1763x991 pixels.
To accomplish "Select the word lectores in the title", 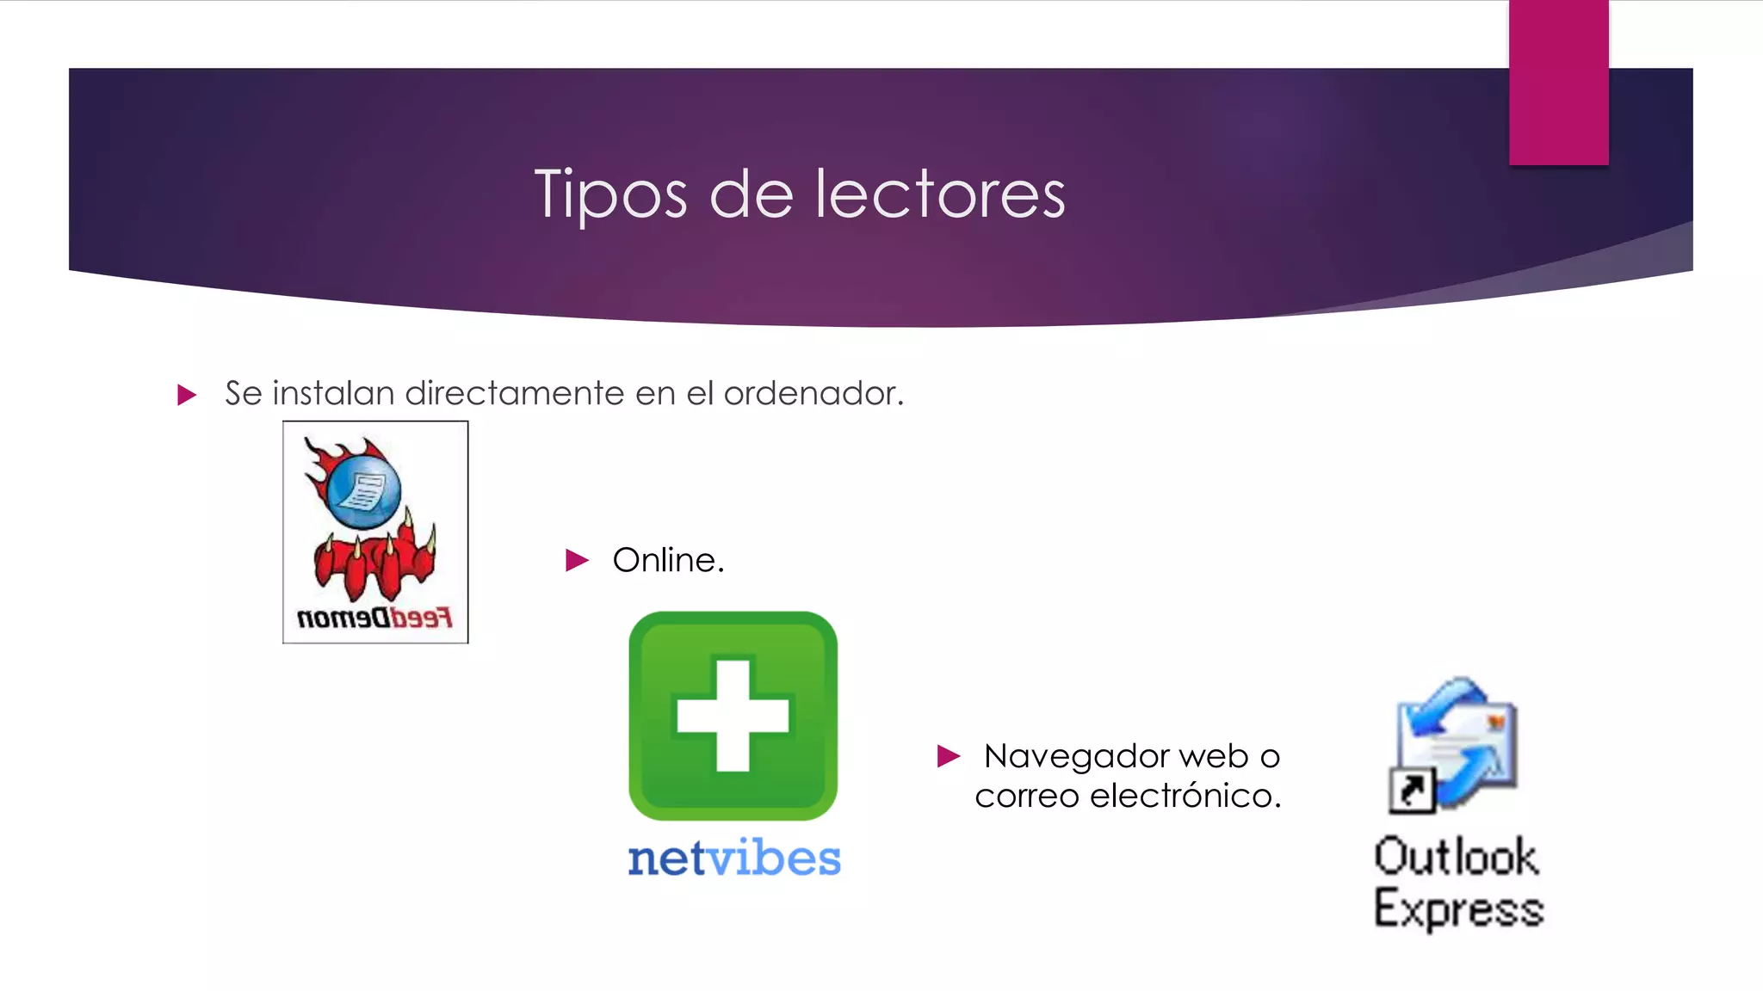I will [940, 194].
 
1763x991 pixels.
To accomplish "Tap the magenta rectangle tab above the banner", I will [1558, 83].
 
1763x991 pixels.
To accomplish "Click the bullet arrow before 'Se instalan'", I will [187, 395].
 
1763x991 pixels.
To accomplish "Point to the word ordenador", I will [813, 393].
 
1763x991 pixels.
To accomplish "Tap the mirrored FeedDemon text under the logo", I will [374, 618].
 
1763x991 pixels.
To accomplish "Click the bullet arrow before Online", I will [577, 561].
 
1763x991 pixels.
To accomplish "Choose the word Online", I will [668, 560].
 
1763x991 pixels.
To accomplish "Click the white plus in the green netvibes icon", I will [733, 715].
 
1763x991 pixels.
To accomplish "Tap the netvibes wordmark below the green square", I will [733, 859].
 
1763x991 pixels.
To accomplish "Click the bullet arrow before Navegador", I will [948, 756].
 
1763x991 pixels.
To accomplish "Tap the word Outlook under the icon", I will [1456, 857].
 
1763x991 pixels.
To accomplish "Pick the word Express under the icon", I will [1459, 909].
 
